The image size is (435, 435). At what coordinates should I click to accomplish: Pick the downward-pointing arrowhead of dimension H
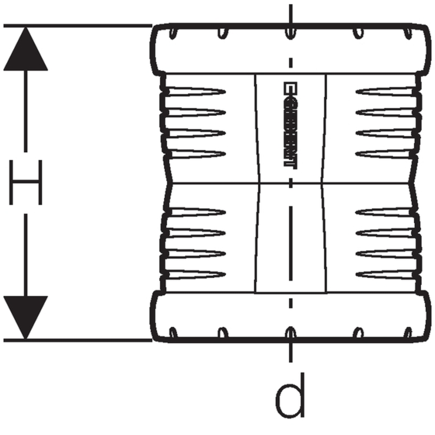[x=25, y=318]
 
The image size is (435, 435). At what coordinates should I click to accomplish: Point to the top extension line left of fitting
[x=76, y=25]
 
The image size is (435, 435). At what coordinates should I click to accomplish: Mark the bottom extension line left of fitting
[x=76, y=340]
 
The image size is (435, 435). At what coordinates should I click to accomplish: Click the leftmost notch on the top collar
[x=173, y=33]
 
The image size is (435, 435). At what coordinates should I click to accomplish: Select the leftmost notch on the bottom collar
[x=173, y=332]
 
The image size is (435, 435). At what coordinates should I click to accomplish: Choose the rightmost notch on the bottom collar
[x=406, y=332]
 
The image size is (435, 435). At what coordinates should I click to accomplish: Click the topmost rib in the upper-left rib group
[x=196, y=90]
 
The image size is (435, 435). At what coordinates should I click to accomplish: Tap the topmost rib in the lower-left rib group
[x=196, y=212]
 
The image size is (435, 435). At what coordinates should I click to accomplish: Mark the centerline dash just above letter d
[x=291, y=353]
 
